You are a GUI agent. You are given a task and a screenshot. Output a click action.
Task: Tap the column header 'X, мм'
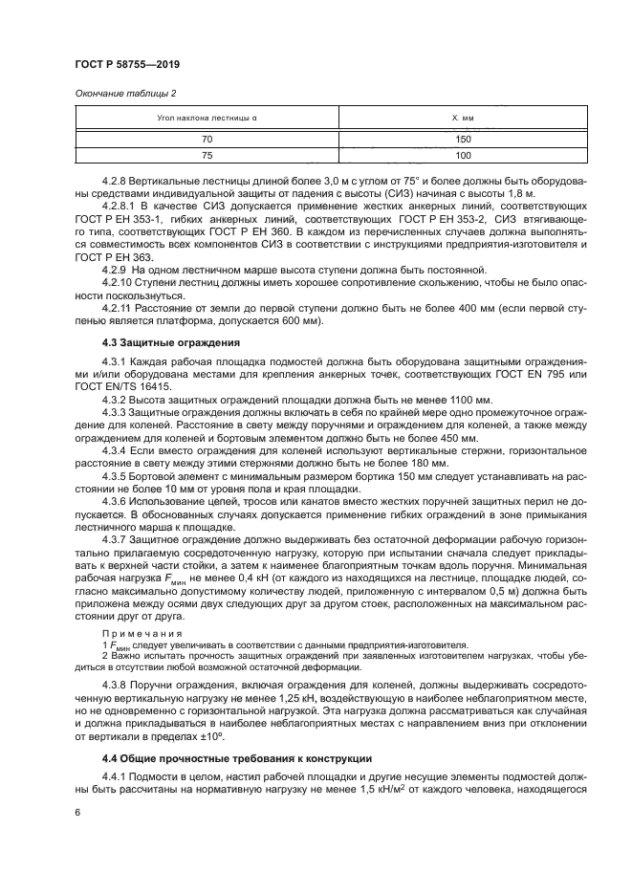point(463,118)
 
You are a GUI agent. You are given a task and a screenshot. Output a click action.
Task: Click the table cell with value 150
point(463,139)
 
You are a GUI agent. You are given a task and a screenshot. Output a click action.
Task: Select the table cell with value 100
point(463,155)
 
